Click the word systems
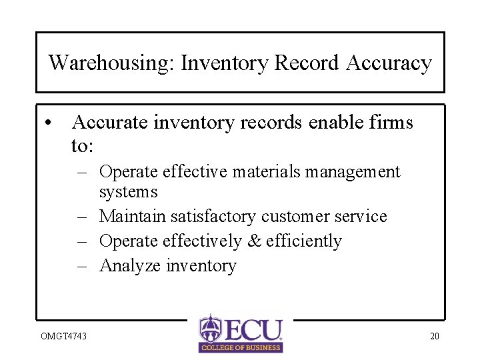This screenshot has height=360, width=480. (128, 192)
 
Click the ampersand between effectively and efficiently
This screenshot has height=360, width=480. (254, 241)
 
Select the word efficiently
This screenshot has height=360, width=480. (304, 241)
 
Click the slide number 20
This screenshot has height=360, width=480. (434, 336)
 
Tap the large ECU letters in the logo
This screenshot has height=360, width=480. (253, 330)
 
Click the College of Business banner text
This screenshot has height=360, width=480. (241, 347)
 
